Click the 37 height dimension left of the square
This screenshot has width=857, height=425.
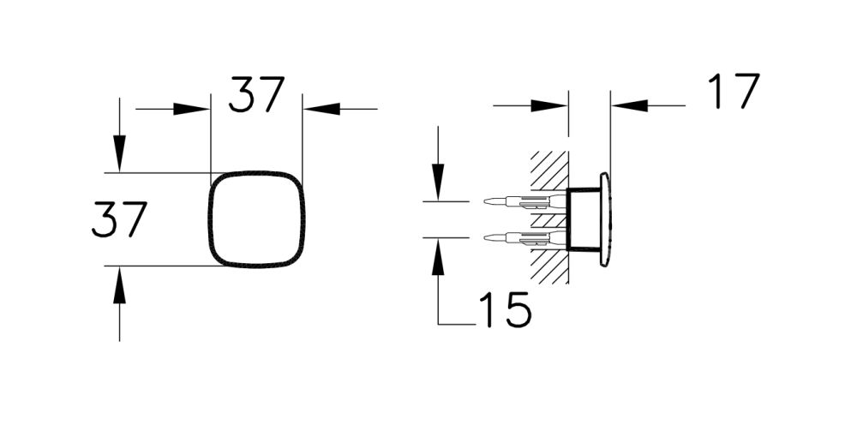click(120, 219)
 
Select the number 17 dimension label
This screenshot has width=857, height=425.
click(734, 92)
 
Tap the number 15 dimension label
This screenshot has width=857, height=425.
click(504, 310)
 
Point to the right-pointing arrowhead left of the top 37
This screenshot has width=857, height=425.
click(192, 109)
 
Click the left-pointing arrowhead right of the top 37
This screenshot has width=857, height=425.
click(322, 109)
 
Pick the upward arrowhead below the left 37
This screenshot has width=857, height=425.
click(120, 285)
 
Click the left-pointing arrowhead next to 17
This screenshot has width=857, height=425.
click(629, 106)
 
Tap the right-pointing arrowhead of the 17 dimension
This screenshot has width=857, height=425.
click(548, 106)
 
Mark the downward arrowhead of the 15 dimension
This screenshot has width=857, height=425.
click(439, 182)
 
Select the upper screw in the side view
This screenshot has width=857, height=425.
click(523, 202)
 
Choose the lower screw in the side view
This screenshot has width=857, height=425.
click(523, 237)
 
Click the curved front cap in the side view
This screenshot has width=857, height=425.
click(605, 220)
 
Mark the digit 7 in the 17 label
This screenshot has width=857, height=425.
click(745, 92)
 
